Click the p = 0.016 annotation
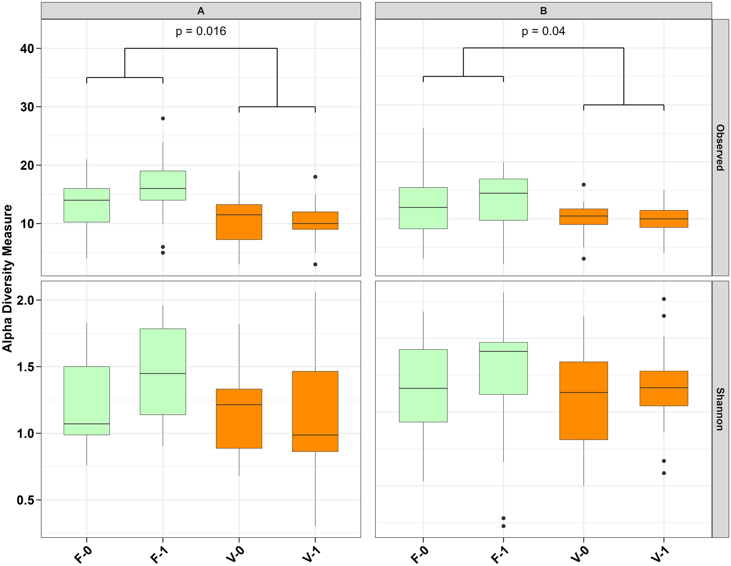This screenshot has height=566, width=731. [x=201, y=31]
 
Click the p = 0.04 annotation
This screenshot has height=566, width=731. [x=543, y=31]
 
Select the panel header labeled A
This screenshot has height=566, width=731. [x=201, y=11]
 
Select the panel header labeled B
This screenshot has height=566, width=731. [x=543, y=11]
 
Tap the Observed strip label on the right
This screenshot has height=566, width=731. [x=720, y=147]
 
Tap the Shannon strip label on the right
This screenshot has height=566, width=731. [x=720, y=409]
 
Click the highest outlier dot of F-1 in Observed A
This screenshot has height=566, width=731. [x=163, y=119]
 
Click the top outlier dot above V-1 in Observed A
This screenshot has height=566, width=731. [x=315, y=177]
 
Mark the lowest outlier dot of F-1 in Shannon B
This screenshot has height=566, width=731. [x=503, y=526]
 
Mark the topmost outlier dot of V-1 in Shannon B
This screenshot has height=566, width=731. [x=664, y=299]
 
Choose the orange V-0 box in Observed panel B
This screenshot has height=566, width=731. [x=583, y=217]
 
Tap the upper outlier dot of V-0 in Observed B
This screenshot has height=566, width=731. [x=583, y=185]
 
